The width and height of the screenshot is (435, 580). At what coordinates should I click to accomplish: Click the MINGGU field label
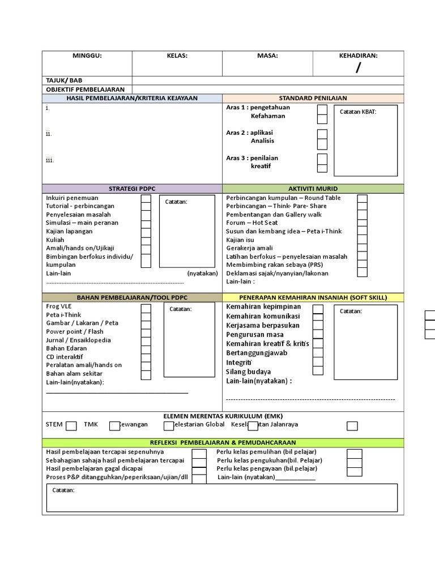click(87, 56)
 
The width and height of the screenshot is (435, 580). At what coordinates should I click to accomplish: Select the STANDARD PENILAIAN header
click(313, 99)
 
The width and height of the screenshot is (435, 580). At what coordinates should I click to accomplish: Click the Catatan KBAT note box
click(365, 140)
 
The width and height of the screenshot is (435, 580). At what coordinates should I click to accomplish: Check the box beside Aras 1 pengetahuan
click(322, 109)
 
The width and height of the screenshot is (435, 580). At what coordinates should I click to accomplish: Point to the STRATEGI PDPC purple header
click(132, 189)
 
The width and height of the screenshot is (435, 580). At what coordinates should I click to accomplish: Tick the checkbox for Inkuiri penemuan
click(146, 199)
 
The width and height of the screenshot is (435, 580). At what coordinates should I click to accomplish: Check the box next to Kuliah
click(146, 241)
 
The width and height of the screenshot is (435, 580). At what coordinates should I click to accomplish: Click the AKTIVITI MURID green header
click(313, 189)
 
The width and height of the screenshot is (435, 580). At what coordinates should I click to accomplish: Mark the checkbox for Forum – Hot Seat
click(362, 224)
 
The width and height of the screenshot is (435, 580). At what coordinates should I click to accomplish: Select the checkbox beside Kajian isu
click(362, 241)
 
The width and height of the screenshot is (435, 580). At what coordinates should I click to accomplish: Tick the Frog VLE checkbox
click(146, 308)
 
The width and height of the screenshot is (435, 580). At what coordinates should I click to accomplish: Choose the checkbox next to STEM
click(71, 426)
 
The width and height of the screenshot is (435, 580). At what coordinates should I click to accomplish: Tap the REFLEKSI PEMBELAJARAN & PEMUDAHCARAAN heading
click(223, 443)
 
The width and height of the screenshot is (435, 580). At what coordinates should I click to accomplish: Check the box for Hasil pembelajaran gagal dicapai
click(199, 470)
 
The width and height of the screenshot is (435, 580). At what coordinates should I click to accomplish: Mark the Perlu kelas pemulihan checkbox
click(355, 454)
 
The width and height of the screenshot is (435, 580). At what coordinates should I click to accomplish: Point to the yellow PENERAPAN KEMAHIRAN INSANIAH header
click(313, 297)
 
